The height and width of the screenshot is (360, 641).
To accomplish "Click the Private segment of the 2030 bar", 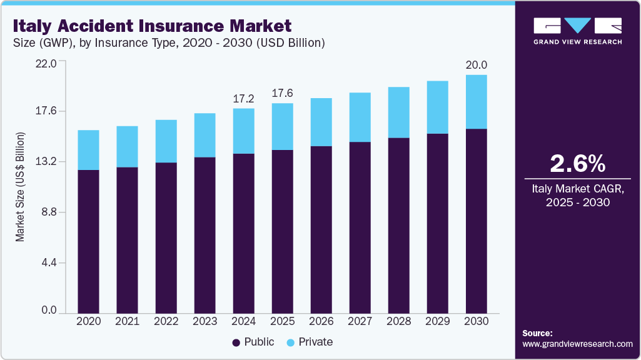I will [476, 102].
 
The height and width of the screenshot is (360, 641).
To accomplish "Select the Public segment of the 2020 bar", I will [88, 241].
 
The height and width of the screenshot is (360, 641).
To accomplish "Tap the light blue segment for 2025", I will [282, 126].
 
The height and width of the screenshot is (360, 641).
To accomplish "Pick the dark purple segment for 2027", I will [360, 227].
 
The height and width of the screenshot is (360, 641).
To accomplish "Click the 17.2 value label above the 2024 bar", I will [243, 99].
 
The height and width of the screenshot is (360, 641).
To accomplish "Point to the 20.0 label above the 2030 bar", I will [476, 65].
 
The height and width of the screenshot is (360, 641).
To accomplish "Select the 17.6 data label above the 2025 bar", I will [282, 93].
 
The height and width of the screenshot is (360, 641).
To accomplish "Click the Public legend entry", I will [253, 342].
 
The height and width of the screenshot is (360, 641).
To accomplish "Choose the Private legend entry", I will [310, 342].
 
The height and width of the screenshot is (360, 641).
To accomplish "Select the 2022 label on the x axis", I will [166, 321].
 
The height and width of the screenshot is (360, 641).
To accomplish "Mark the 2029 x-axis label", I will [437, 321].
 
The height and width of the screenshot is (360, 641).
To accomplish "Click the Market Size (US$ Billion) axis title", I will [20, 187].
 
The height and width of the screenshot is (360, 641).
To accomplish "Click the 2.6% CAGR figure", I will [577, 164].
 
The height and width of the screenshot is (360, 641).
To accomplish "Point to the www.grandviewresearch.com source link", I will [577, 344].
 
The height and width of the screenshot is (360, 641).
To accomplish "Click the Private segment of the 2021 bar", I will [127, 147].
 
